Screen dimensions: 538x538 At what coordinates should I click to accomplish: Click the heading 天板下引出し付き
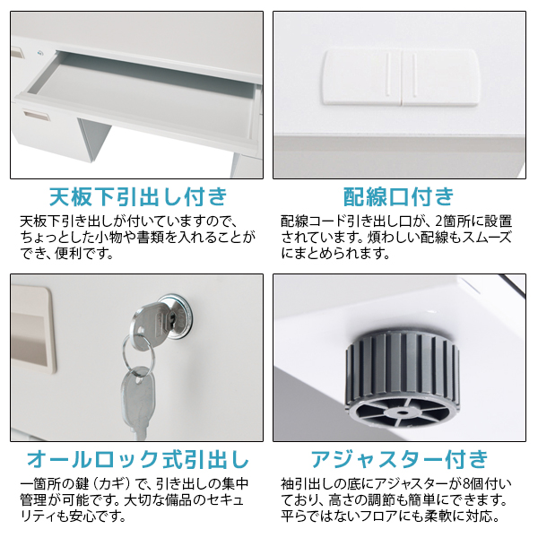click(x=138, y=197)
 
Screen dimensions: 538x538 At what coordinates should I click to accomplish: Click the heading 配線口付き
click(x=399, y=197)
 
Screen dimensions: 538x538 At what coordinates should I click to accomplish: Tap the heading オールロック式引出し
click(x=138, y=459)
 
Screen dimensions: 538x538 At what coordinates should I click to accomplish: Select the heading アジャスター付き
click(x=399, y=459)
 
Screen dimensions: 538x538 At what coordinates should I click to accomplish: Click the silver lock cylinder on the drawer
click(x=176, y=317)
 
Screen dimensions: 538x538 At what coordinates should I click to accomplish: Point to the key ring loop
click(x=138, y=354)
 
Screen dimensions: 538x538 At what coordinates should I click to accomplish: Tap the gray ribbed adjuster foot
click(x=402, y=377)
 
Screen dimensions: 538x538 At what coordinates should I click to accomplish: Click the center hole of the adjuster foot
click(x=402, y=412)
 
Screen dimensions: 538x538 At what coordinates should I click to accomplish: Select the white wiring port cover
click(x=400, y=77)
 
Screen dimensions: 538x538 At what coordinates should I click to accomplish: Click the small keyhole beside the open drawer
click(x=41, y=53)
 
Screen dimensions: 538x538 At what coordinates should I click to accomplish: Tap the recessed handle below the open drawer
click(x=35, y=116)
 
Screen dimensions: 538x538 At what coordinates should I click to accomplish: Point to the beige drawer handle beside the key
click(x=32, y=329)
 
